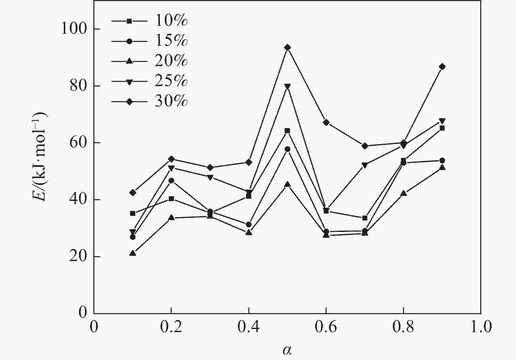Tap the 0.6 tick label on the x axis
point(326,327)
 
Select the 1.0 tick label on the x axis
point(481,327)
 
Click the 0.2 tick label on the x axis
point(171,327)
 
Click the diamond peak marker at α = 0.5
point(288,48)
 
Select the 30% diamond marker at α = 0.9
point(442,67)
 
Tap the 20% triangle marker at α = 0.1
point(133,253)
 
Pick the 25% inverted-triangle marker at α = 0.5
point(288,87)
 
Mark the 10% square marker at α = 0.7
point(365,218)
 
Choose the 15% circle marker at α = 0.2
point(171,180)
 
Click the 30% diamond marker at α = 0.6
point(326,123)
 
